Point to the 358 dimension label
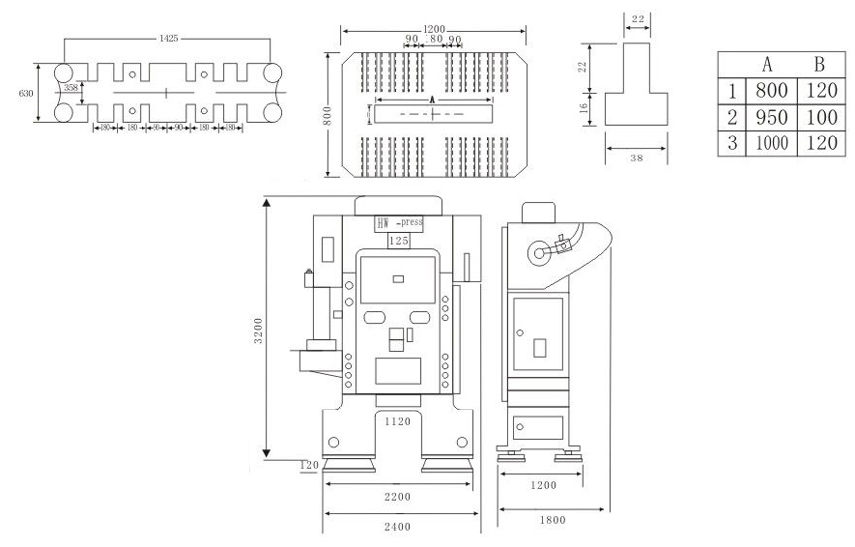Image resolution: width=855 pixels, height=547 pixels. click(71, 88)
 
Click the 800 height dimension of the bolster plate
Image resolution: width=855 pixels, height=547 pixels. click(326, 117)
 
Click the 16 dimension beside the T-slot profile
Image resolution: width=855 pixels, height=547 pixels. click(584, 106)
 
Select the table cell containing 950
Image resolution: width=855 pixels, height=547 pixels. click(772, 118)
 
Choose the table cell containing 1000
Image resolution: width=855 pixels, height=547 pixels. click(772, 142)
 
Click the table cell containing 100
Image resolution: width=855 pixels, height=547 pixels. click(818, 118)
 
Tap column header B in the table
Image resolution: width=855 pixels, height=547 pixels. click(818, 65)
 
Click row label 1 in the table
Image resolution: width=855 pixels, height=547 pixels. click(732, 92)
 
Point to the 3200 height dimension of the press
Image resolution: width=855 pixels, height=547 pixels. click(258, 328)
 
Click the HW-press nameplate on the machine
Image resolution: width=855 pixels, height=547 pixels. click(399, 223)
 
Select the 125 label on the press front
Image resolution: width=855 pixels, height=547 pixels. click(399, 241)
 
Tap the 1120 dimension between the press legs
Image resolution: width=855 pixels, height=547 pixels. click(399, 422)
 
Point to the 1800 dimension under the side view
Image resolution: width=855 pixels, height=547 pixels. click(555, 518)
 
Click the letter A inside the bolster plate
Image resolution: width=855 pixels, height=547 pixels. click(432, 101)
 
